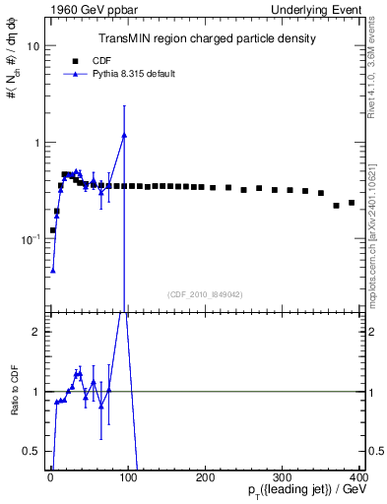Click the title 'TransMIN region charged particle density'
pyautogui.click(x=206, y=38)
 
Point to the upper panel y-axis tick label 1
pyautogui.click(x=35, y=143)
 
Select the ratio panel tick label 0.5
pyautogui.click(x=32, y=451)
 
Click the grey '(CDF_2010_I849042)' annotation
pyautogui.click(x=206, y=294)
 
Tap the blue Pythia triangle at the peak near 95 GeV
pyautogui.click(x=124, y=135)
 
